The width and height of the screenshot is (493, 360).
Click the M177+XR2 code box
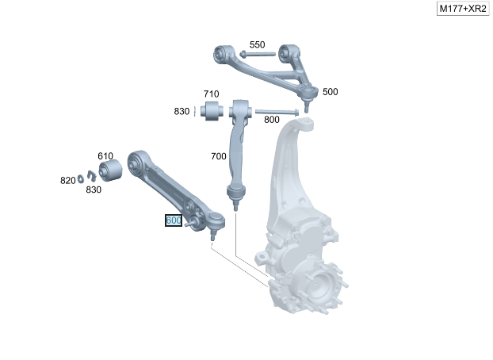coord(463,9)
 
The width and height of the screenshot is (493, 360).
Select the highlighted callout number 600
coord(174,220)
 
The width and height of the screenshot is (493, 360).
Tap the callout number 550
coord(257,44)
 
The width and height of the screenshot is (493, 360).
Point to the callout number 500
coord(331,92)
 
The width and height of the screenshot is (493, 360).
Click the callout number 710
coord(212,94)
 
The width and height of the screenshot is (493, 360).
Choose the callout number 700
coord(219,156)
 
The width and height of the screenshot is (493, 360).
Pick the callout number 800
coord(272,120)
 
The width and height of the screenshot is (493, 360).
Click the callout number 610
coord(105,156)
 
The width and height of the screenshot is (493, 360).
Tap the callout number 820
coord(68,181)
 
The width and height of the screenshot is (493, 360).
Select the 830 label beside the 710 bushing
coord(182,111)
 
